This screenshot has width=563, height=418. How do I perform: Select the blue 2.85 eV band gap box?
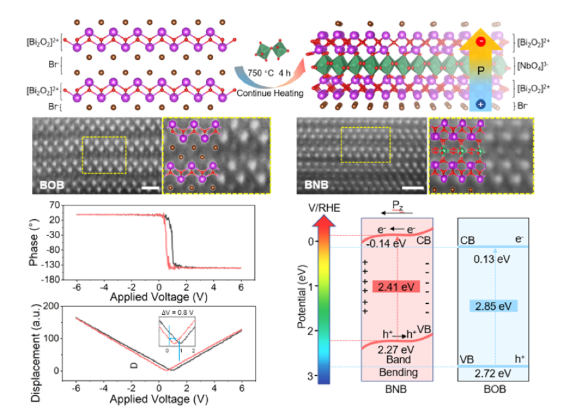[493, 306]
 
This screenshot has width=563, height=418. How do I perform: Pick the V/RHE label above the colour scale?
[323, 207]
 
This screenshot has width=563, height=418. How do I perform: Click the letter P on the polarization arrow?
[480, 70]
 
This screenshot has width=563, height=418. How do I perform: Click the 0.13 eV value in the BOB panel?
[493, 259]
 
